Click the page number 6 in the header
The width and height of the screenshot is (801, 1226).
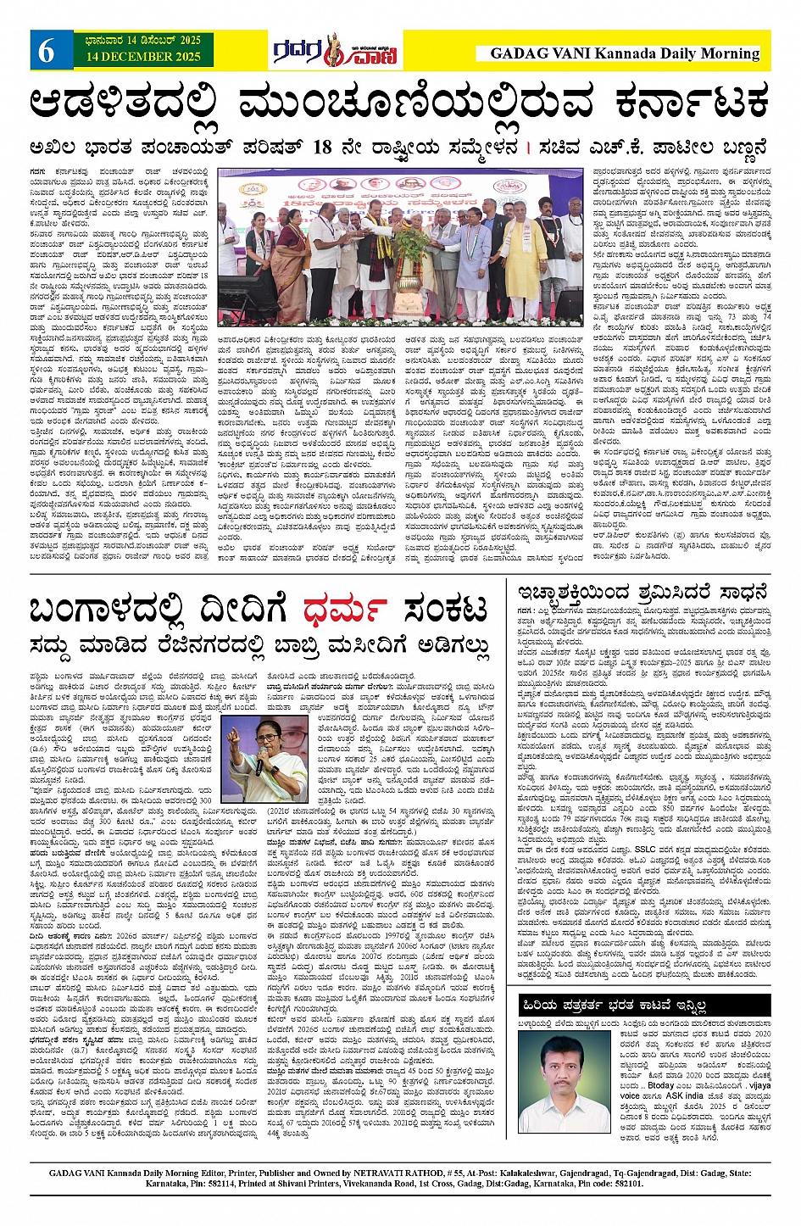[46, 52]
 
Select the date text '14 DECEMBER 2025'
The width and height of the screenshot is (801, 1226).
[143, 57]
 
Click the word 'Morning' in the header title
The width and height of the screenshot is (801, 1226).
[729, 53]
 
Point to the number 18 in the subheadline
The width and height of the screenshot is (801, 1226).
[322, 147]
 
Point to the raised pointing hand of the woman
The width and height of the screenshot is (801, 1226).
[234, 736]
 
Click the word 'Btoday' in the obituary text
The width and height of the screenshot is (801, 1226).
[661, 1085]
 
